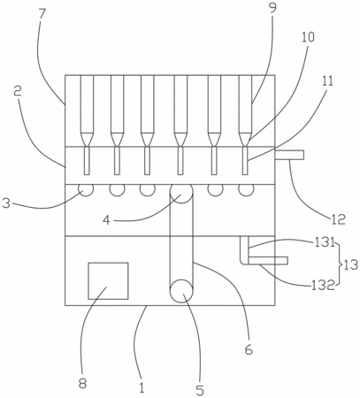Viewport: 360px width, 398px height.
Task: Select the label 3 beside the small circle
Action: [x=6, y=203]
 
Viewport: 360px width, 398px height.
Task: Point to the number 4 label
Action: [x=106, y=220]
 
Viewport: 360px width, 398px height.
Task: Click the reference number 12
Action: [x=338, y=219]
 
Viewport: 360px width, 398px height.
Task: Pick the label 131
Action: [x=325, y=243]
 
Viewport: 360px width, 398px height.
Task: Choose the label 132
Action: [x=324, y=286]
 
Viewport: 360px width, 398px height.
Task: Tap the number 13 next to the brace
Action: [x=349, y=264]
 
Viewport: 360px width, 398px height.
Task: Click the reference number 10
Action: [x=308, y=37]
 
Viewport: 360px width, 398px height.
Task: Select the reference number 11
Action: [x=326, y=80]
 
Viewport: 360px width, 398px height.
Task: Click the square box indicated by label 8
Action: [x=108, y=280]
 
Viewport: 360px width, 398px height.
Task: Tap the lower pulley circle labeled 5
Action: [x=181, y=291]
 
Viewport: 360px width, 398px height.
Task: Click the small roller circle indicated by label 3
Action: [x=86, y=190]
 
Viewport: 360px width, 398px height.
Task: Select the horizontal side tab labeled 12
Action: [x=289, y=155]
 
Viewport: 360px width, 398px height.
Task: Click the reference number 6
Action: [x=249, y=349]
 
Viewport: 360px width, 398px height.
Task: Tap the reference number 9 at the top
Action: [x=272, y=8]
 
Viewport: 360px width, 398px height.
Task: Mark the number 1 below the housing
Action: [x=142, y=387]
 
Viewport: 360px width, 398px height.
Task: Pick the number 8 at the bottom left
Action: [x=82, y=384]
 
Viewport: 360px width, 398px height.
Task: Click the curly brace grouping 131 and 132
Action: [x=339, y=264]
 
